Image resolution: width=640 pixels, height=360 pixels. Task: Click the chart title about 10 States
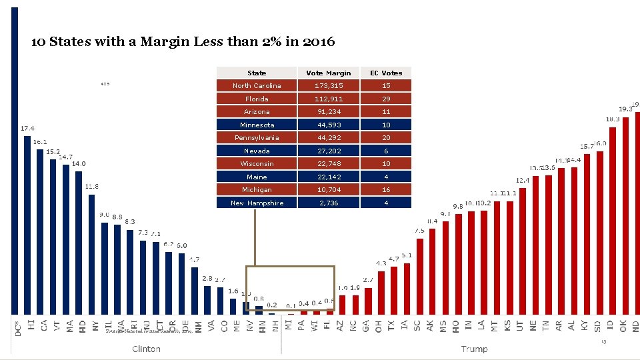(x=183, y=42)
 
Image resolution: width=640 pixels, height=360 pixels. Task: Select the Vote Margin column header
(x=328, y=73)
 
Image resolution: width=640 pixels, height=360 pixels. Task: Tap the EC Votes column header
(x=386, y=73)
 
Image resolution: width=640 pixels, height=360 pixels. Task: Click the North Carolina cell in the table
(x=257, y=85)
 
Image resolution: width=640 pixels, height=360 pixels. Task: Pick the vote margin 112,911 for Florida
(x=328, y=99)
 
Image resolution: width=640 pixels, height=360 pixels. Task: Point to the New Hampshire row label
(x=257, y=203)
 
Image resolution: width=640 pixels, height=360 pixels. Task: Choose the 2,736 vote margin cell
(x=328, y=203)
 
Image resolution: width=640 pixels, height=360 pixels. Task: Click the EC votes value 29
(x=386, y=99)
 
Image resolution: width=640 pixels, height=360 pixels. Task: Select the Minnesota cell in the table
(x=257, y=125)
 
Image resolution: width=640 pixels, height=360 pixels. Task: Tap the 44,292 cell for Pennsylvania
(x=328, y=137)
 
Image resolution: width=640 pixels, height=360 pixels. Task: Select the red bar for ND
(x=637, y=213)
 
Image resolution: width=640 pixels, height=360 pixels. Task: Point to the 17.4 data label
(x=27, y=128)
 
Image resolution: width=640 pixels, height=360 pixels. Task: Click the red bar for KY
(x=586, y=234)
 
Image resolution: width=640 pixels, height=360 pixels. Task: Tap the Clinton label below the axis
(x=146, y=349)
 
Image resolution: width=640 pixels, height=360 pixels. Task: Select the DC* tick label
(x=17, y=328)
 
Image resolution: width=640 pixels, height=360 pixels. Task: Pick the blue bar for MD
(x=79, y=243)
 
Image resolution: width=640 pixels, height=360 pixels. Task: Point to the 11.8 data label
(x=92, y=186)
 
